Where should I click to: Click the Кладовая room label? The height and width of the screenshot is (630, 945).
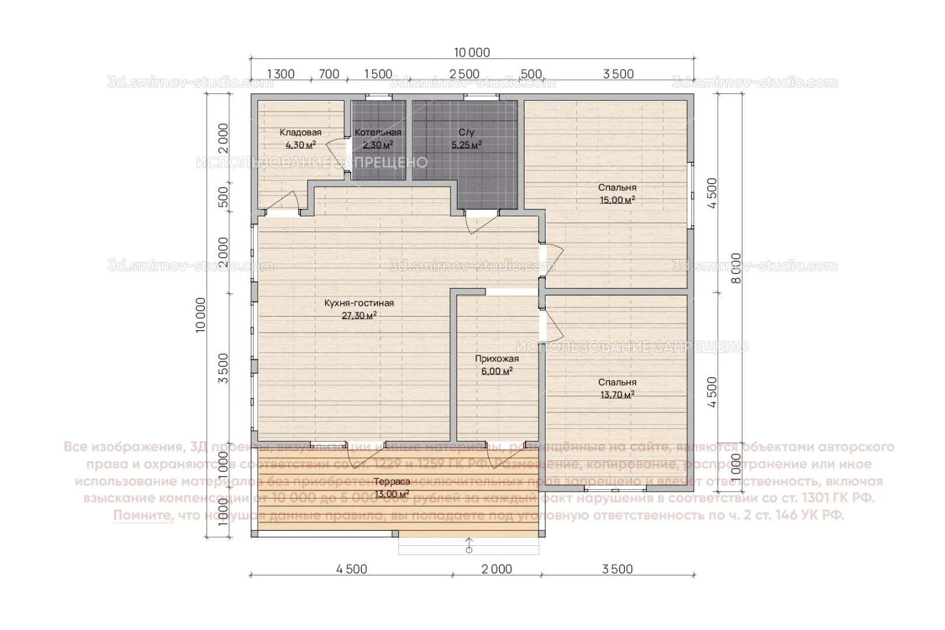[x=300, y=132]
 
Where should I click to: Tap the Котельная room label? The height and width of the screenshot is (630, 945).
[x=377, y=132]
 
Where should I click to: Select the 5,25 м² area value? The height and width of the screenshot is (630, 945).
[x=466, y=145]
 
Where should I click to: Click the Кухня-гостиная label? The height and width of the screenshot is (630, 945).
[x=359, y=303]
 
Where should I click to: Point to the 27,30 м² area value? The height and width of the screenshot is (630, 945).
[x=359, y=316]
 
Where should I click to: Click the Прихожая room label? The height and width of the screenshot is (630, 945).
[x=496, y=359]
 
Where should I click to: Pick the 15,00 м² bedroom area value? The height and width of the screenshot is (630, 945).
[x=617, y=199]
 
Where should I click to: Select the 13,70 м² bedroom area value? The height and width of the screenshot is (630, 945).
[x=617, y=395]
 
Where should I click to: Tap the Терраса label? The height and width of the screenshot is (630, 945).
[x=391, y=482]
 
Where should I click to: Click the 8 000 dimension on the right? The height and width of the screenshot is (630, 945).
[x=736, y=268]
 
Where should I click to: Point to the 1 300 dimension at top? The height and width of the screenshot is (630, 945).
[x=281, y=74]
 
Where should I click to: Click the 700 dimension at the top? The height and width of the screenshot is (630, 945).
[x=329, y=74]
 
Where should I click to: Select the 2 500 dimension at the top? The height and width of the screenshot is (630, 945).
[x=464, y=74]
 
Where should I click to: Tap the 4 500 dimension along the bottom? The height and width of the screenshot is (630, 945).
[x=352, y=569]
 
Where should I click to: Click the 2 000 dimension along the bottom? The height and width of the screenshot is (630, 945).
[x=496, y=569]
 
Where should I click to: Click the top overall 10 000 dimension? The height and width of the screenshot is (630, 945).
[x=472, y=52]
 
